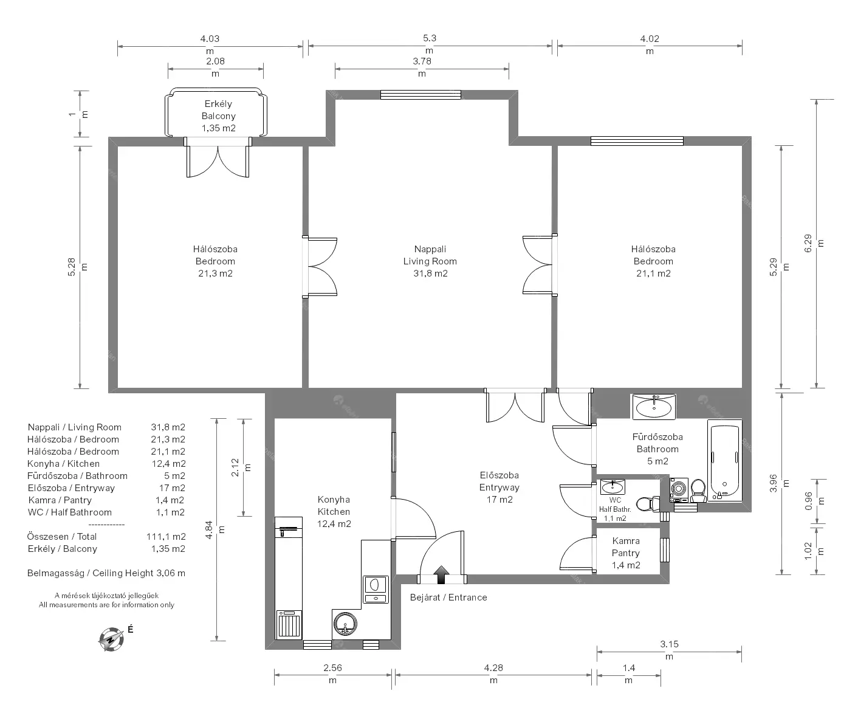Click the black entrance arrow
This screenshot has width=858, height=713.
pos(441,574)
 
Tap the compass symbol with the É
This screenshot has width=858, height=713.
pos(111,639)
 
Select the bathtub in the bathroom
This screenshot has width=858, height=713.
pos(725,462)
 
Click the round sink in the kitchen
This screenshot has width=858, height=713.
pos(345,624)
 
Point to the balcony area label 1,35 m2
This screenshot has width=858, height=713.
pos(219,128)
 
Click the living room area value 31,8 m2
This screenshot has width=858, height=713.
pos(430,274)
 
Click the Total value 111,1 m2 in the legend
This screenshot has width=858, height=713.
pos(166,537)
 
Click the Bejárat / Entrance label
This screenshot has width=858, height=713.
pos(448,598)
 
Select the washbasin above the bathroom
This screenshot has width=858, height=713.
pos(654,407)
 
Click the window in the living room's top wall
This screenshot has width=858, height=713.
pos(420,95)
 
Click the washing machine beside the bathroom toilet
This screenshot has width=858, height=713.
pos(679,490)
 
